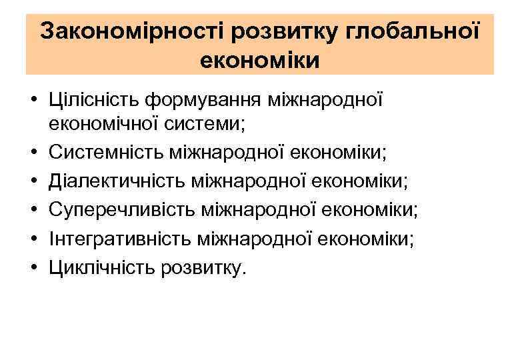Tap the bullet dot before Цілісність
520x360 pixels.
31,101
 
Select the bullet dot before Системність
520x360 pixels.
31,155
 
